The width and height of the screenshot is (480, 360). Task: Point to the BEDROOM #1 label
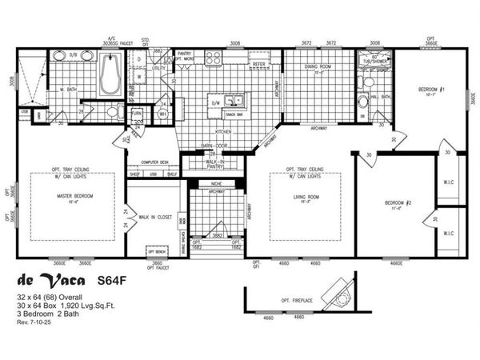click(433, 89)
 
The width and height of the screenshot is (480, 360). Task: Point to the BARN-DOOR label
click(211, 146)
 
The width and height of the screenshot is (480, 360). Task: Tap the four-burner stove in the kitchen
click(213, 58)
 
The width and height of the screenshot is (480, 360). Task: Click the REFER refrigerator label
click(258, 64)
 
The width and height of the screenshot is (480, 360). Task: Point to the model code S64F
click(113, 281)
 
